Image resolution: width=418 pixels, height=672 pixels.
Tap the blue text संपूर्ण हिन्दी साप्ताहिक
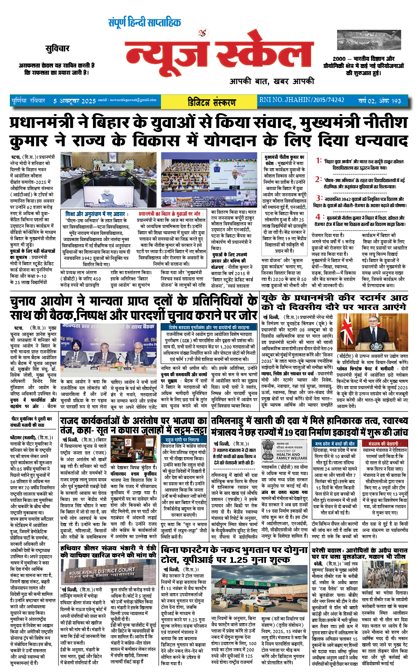click(144, 22)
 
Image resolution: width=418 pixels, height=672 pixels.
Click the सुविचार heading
click(57, 48)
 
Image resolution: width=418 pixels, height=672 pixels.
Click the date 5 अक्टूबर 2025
click(75, 101)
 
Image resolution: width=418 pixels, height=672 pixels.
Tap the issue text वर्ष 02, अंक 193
click(380, 101)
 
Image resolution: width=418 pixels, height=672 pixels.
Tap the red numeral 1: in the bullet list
click(318, 160)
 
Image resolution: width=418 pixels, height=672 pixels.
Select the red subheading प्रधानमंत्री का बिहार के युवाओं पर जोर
click(169, 214)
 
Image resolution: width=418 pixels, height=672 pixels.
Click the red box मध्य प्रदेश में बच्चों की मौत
click(334, 443)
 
